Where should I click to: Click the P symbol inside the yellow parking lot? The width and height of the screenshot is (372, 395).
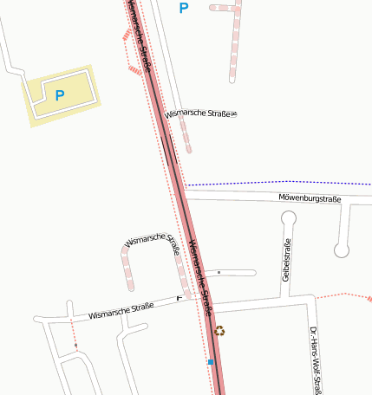pyautogui.click(x=59, y=95)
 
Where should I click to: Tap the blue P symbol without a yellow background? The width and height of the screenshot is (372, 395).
pyautogui.click(x=183, y=9)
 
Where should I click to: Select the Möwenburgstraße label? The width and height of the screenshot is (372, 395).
pyautogui.click(x=310, y=199)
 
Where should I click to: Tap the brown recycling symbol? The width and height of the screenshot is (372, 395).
pyautogui.click(x=220, y=330)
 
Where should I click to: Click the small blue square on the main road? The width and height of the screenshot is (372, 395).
pyautogui.click(x=210, y=362)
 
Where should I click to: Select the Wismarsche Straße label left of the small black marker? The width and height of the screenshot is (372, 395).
pyautogui.click(x=121, y=309)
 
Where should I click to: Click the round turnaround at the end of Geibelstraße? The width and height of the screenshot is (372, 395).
pyautogui.click(x=289, y=219)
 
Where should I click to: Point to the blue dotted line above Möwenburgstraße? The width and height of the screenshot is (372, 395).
pyautogui.click(x=277, y=184)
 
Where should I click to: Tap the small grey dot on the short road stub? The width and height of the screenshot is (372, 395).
pyautogui.click(x=219, y=273)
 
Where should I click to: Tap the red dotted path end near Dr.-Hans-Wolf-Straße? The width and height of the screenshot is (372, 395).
pyautogui.click(x=343, y=295)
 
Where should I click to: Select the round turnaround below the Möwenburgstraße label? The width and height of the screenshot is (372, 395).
pyautogui.click(x=342, y=250)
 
